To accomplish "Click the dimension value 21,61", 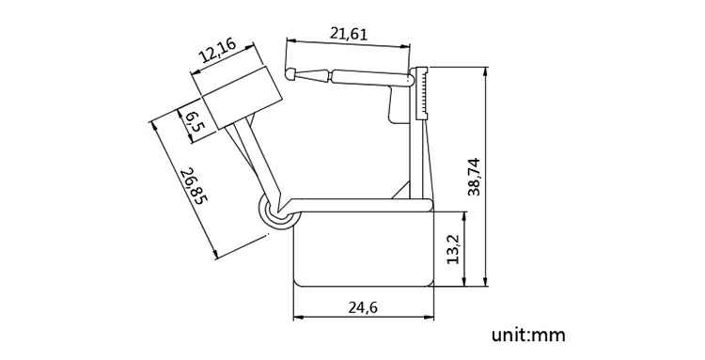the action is (349, 34).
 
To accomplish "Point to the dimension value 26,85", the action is (194, 185).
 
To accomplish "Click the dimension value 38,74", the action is (474, 176).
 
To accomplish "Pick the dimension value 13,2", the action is (453, 248).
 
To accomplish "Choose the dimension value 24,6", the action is (363, 307).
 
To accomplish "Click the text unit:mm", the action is (528, 335).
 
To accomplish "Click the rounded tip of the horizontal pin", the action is (290, 74).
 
